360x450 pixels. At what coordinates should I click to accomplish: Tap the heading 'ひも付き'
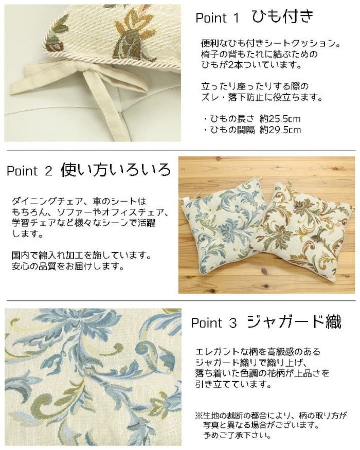tap(282, 17)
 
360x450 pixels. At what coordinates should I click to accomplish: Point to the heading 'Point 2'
tap(29, 171)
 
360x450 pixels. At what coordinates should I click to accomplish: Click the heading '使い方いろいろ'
tap(115, 170)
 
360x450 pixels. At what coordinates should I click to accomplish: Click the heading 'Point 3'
tap(213, 323)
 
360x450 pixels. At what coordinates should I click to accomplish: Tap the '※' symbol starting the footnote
tap(198, 415)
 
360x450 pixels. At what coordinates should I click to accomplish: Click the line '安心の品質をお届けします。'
tap(67, 266)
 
